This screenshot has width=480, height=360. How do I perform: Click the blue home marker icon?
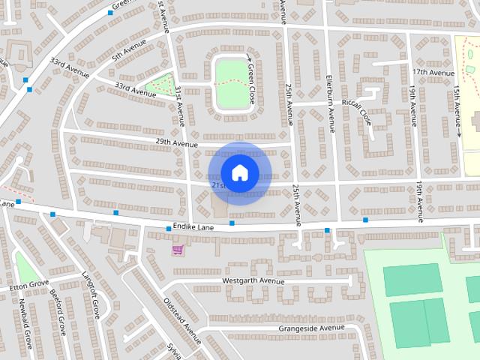click(239, 172)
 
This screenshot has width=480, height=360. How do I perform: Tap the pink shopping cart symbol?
click(178, 249)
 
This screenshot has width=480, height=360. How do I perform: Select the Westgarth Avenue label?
click(253, 281)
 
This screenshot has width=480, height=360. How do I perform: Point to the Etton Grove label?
click(29, 285)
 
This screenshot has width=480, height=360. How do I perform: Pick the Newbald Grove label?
click(26, 324)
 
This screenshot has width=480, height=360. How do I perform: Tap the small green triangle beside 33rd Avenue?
click(160, 85)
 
